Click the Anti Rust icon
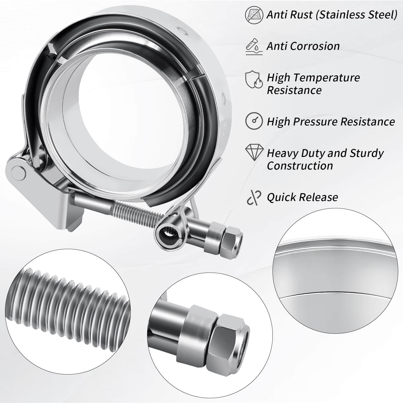[x=254, y=15]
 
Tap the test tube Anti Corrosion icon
[x=254, y=46]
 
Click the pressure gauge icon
[x=254, y=121]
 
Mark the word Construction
[x=300, y=166]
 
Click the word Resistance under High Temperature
[x=294, y=90]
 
